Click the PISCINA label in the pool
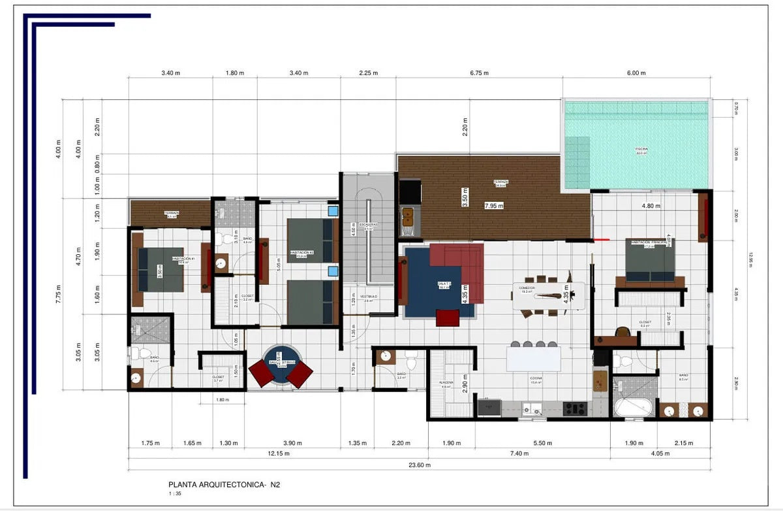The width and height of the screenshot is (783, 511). (641, 150)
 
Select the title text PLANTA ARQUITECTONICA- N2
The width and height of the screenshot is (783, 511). (224, 485)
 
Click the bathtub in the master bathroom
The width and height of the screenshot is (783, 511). (633, 408)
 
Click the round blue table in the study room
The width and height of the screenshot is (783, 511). (281, 364)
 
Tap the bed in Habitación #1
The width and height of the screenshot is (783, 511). (161, 269)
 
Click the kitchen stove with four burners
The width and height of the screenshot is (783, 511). (575, 408)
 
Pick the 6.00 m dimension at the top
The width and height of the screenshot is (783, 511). (636, 73)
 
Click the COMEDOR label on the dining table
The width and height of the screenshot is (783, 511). (527, 288)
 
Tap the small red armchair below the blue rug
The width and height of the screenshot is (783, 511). (447, 317)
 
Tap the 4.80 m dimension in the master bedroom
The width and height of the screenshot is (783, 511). (651, 206)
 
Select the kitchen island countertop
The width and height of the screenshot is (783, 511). (534, 359)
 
